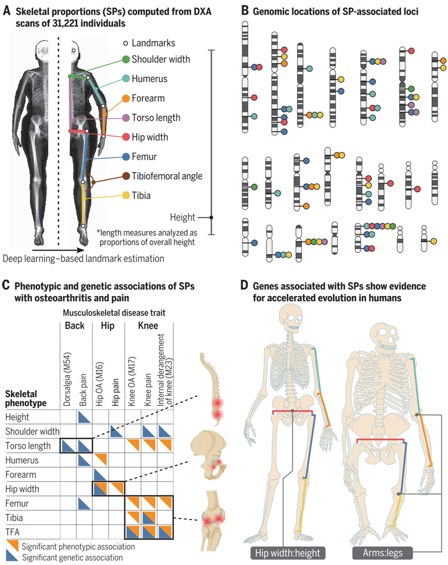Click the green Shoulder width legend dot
coord(126,60)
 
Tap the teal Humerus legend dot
coord(126,79)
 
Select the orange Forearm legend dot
coord(126,98)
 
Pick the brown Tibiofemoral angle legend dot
coord(126,176)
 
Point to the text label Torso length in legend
coord(156,118)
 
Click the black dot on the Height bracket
coord(212,217)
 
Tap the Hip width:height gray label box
coord(289,553)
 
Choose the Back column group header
coord(75,326)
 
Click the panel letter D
coord(245,285)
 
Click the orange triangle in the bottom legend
coord(13,545)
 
